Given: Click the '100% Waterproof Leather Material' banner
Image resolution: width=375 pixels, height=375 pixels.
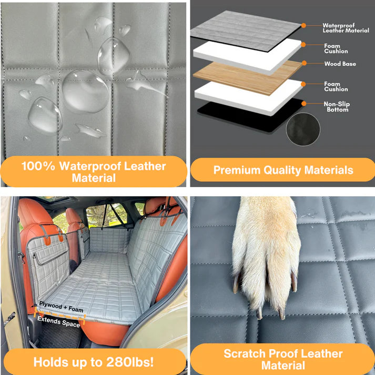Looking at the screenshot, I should click(94, 173).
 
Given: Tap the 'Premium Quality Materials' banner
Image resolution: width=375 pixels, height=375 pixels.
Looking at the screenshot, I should click(283, 170).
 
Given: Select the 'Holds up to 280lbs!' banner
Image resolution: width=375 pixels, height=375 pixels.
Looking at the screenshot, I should click(94, 362).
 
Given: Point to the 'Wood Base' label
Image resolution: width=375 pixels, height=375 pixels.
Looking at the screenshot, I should click(340, 64).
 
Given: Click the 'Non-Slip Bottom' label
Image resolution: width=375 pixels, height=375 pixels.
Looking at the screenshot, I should click(337, 107).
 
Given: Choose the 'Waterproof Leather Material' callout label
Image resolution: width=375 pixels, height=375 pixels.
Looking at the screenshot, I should click(345, 28).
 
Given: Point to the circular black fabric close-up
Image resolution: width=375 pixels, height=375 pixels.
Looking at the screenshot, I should click(302, 129).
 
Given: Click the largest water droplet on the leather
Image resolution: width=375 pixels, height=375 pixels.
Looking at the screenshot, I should click(85, 90).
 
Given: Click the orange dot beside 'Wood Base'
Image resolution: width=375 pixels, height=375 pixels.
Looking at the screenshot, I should click(303, 64).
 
